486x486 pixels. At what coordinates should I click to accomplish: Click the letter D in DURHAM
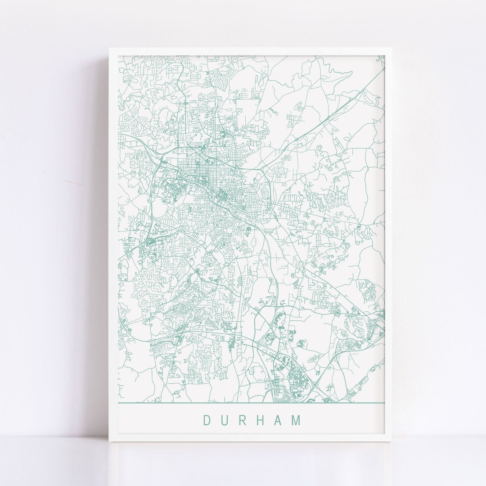click(x=207, y=420)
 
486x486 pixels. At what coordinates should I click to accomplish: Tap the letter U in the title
click(x=225, y=420)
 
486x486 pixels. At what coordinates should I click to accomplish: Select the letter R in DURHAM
click(x=244, y=420)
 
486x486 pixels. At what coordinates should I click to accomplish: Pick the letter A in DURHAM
click(x=280, y=420)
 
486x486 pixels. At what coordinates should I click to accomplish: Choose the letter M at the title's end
click(x=297, y=420)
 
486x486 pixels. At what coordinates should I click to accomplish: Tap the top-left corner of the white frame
click(x=109, y=48)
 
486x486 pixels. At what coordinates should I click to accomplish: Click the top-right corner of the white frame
click(x=391, y=48)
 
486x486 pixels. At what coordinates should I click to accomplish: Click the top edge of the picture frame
click(x=250, y=51)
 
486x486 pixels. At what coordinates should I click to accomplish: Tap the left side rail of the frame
click(x=113, y=243)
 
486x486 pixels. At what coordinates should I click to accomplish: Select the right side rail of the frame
click(x=388, y=243)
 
